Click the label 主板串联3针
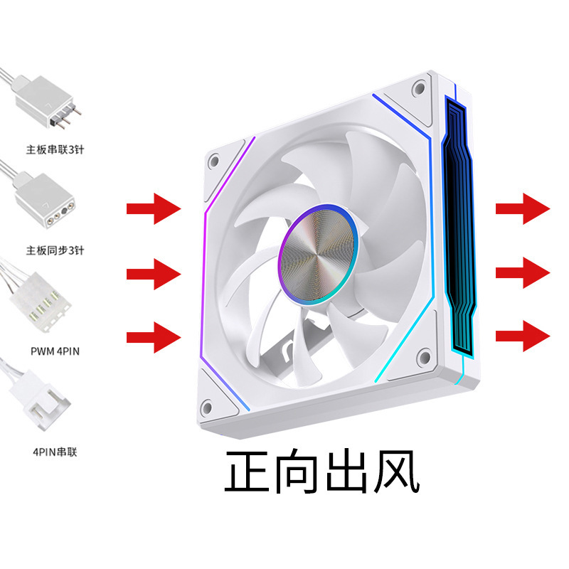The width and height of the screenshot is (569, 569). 60,150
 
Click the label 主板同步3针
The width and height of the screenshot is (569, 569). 60,250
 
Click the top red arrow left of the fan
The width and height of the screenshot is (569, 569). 153,208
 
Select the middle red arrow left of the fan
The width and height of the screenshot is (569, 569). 153,271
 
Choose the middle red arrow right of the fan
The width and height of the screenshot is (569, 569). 523,272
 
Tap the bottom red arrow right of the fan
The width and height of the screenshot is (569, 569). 523,334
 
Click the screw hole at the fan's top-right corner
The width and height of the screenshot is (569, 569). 420,89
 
